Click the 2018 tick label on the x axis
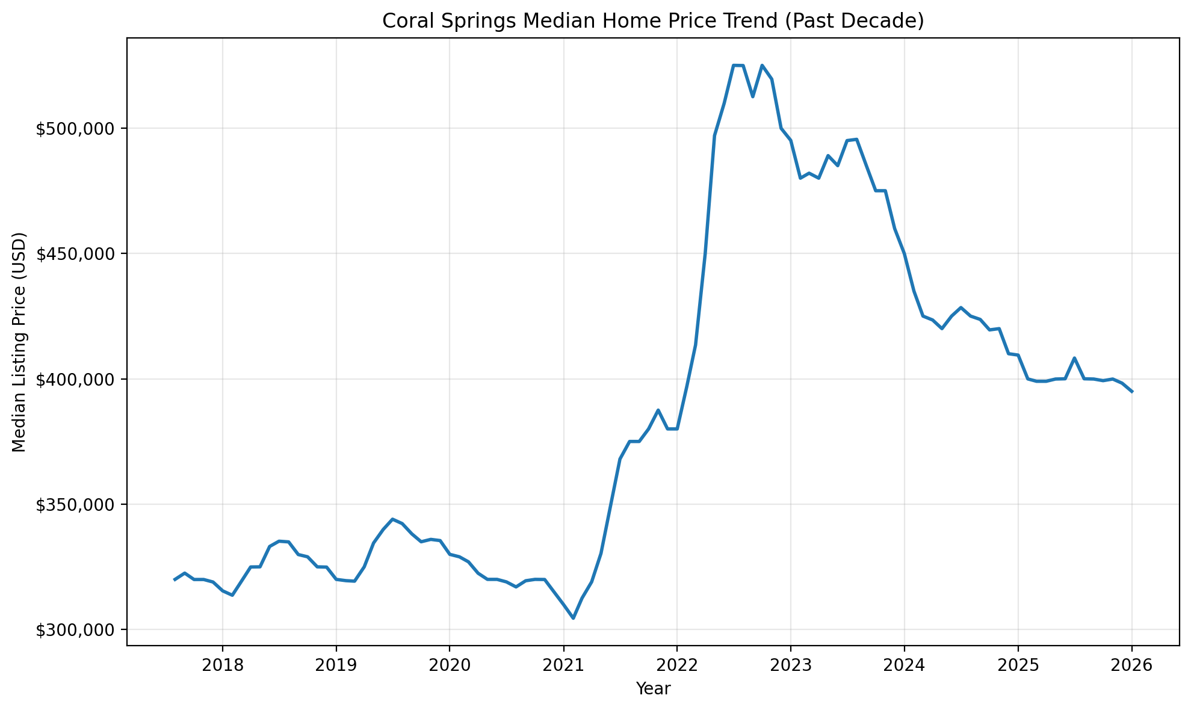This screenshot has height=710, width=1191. point(222,665)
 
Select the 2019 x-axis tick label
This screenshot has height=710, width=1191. point(336,665)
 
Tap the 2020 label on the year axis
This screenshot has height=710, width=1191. point(450,665)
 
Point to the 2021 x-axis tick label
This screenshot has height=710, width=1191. point(563,665)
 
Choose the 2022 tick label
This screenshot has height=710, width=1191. point(677,665)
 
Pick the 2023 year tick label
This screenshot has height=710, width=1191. point(791,665)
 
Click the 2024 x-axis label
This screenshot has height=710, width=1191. point(904,665)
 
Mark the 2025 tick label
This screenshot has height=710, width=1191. point(1018,665)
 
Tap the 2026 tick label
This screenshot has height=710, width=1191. point(1131,665)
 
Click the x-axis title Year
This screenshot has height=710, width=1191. point(653,689)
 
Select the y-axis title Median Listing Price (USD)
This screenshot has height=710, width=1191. point(19,342)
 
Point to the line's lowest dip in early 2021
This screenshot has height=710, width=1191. point(573,618)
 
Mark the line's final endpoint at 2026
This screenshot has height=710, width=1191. point(1132,392)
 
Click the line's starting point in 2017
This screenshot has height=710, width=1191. point(175,579)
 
